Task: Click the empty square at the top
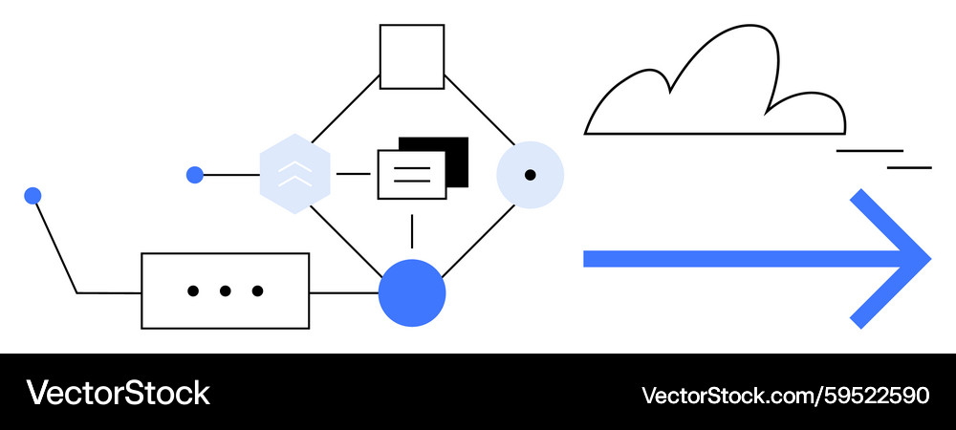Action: [x=412, y=56]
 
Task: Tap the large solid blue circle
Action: [x=412, y=292]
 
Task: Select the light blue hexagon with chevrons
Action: [x=295, y=174]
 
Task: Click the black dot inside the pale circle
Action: [x=530, y=175]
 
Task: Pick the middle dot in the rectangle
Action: [x=225, y=290]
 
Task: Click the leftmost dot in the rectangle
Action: [x=193, y=290]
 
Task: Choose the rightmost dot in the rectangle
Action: [x=257, y=290]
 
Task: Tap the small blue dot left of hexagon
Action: [x=195, y=175]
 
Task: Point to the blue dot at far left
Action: [x=33, y=196]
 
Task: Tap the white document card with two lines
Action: [x=411, y=175]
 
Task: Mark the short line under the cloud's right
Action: [x=869, y=151]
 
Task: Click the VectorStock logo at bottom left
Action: [x=118, y=393]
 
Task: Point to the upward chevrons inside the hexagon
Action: [x=295, y=172]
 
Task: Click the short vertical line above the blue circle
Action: [x=412, y=231]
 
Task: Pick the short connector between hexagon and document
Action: [x=353, y=174]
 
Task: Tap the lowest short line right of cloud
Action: [x=909, y=167]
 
